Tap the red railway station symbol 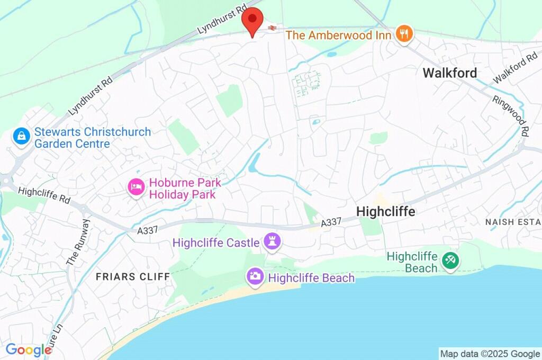272,28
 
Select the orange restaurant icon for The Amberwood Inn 405,35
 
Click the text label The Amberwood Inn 338,35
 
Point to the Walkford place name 449,73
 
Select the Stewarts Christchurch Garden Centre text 93,138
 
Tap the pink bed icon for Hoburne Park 137,187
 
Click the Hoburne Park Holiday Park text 185,188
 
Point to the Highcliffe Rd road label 44,194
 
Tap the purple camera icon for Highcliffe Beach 255,276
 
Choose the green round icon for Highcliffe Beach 450,260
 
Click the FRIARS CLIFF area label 133,277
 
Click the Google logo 28,350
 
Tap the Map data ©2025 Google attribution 490,354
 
